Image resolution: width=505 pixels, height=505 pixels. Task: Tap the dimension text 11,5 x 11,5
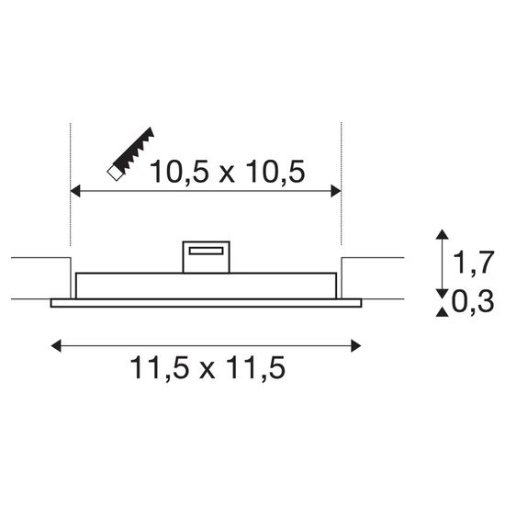click(x=207, y=369)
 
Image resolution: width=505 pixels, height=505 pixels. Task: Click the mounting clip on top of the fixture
click(x=207, y=257)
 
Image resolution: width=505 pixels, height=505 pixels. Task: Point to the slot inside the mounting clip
click(x=207, y=249)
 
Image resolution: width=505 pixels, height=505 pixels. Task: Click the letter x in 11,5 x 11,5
click(x=207, y=371)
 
